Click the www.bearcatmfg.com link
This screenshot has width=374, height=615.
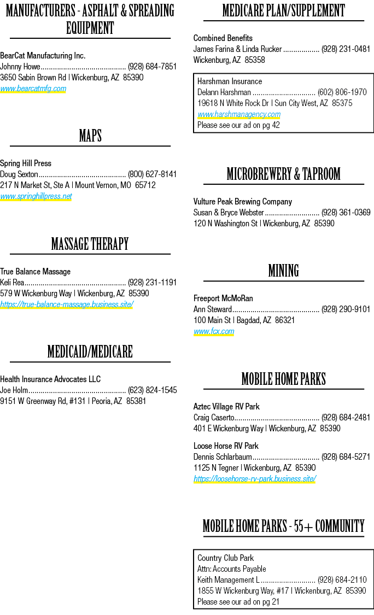coord(33,89)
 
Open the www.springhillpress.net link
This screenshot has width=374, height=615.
coord(36,196)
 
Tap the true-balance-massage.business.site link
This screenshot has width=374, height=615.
coord(67,304)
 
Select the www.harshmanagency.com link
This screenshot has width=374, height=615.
coord(239,114)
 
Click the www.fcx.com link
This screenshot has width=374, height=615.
coord(214,331)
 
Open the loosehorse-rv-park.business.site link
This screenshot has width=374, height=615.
coord(255,478)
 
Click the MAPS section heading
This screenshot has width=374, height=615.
coord(90,136)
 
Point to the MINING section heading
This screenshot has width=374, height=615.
coord(284,271)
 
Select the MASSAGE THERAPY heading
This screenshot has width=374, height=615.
coord(90,244)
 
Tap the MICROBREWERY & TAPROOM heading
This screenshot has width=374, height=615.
coord(284,174)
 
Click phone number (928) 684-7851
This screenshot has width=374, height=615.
coord(152,67)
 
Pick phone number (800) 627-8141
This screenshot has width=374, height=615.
coord(152,174)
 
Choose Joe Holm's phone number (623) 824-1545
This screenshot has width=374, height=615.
coord(152,390)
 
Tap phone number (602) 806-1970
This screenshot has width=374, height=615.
coord(342,92)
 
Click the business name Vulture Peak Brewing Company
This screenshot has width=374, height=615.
coord(243,202)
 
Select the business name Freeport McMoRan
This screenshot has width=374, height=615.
coord(223,298)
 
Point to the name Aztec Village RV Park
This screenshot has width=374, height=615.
coord(226,406)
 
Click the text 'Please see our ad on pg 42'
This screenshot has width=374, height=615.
coord(238,125)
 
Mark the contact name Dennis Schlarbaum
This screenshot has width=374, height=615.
coord(223,457)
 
